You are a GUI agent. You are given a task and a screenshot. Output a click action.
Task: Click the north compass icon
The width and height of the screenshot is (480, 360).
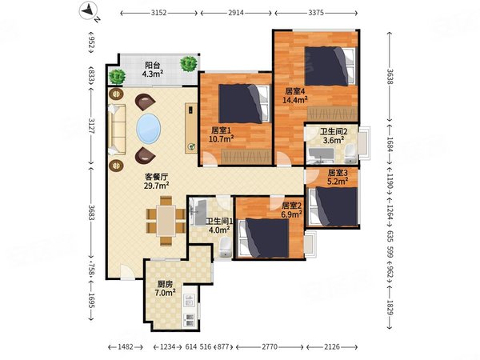pos(90,12)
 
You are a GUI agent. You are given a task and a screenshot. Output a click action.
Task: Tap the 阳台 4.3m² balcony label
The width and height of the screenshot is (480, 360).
pos(153,70)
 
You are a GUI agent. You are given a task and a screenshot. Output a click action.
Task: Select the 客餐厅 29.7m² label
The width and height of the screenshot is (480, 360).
pos(157,181)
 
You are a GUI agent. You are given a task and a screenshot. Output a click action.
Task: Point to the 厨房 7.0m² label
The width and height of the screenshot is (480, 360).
pos(165,288)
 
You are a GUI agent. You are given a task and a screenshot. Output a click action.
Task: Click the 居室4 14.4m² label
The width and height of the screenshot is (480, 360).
pos(294,95)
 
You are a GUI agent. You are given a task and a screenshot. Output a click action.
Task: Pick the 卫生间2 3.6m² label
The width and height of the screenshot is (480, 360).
pos(334,136)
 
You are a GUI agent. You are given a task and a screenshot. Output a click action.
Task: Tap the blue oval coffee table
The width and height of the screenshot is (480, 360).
pos(149,129)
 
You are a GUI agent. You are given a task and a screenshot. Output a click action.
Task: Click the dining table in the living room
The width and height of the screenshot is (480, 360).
pos(166,221)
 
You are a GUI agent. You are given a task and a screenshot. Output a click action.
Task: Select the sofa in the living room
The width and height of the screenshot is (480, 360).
pos(116,129)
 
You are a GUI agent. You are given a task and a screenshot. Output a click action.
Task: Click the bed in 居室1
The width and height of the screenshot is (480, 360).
pos(244,104)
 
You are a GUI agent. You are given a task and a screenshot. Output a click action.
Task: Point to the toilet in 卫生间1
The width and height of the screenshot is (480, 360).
pos(226,247)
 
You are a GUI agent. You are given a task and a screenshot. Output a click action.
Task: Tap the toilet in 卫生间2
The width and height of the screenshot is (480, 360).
pos(350,154)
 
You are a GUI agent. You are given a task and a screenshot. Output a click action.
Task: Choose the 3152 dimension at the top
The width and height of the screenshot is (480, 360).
pos(159,13)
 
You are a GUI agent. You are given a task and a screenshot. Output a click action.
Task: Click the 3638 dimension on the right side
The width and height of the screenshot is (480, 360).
pos(390,77)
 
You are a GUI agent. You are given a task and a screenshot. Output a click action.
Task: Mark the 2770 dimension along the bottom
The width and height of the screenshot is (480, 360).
pos(270,347)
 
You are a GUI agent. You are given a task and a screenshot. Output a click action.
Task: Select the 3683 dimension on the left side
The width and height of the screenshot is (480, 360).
pos(91,212)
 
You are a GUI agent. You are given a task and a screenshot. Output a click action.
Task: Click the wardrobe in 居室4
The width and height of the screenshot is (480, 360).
pos(332,114)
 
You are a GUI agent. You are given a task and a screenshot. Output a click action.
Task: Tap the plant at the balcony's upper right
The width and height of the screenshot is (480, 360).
pos(188,64)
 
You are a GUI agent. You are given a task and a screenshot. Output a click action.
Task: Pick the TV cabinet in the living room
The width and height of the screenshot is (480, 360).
pos(191,128)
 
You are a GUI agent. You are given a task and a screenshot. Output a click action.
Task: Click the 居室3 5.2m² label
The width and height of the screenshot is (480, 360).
pos(338,178)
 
